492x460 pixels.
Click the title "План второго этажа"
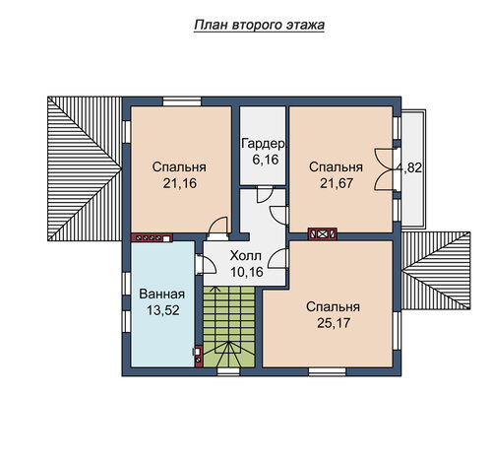(259, 26)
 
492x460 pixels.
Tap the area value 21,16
(180, 183)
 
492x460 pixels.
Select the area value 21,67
(337, 183)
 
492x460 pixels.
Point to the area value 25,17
(334, 323)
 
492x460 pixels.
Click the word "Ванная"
(162, 294)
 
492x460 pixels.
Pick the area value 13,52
(163, 310)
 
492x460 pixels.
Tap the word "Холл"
(246, 256)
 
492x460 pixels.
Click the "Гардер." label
(264, 144)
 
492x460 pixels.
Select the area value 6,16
(266, 160)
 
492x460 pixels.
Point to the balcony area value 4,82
(409, 167)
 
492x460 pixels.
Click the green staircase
(229, 327)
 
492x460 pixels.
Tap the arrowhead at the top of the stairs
(215, 289)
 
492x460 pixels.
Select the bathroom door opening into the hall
(206, 264)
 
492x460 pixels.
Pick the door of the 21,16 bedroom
(217, 227)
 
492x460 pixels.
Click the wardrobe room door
(265, 195)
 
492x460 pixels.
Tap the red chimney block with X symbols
(323, 233)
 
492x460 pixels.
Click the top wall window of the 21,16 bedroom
(182, 101)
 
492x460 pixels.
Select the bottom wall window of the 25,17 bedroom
(327, 371)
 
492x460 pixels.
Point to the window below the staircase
(228, 371)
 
